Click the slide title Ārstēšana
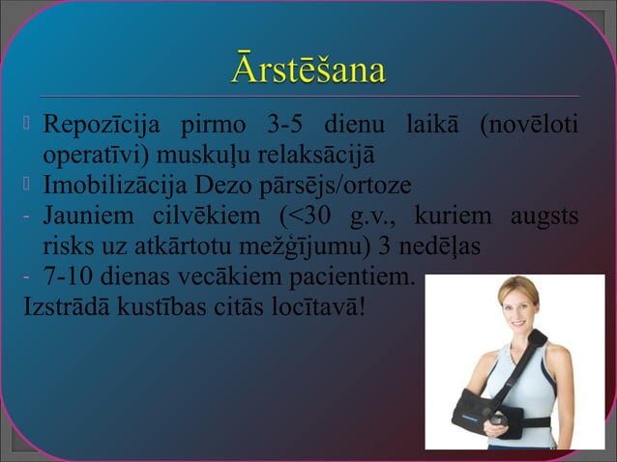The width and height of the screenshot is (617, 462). click(308, 71)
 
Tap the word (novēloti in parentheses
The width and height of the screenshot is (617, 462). click(530, 126)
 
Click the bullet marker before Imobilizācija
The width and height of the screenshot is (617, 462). click(28, 184)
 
